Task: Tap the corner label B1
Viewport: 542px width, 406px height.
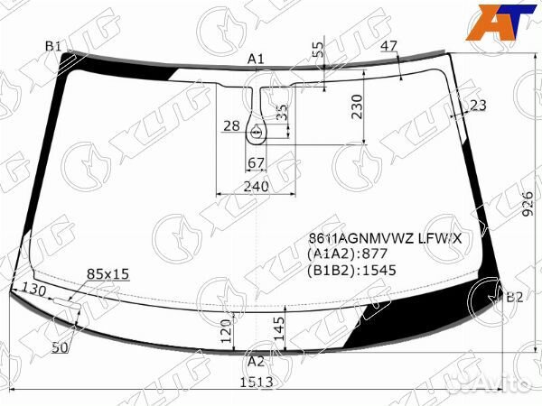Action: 53,47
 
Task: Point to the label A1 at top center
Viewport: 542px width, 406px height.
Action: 256,60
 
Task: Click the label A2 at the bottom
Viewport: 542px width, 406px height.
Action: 257,361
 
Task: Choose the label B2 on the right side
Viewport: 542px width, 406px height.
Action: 514,298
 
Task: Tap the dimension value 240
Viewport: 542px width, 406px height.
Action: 257,187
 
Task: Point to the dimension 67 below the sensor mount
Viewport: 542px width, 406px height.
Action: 256,162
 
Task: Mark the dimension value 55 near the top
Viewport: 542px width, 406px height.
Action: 317,51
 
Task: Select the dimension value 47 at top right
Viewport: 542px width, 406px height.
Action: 388,46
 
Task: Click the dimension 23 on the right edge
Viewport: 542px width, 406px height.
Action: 478,106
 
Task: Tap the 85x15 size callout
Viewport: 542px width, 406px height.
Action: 108,272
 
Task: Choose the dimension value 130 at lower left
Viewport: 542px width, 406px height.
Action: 33,290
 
